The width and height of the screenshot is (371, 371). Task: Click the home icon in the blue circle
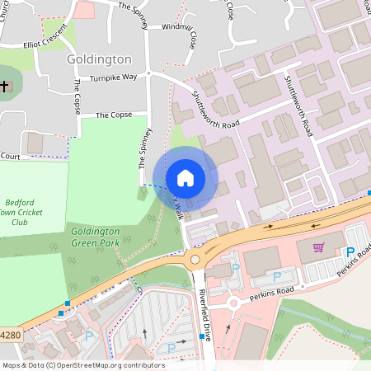(185, 178)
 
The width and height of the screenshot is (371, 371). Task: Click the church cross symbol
(5, 86)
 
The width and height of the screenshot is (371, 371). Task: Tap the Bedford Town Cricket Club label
(29, 212)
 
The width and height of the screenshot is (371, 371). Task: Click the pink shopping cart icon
(318, 247)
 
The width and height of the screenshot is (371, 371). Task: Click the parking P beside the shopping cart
(350, 252)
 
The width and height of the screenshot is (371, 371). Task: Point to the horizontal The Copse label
(114, 115)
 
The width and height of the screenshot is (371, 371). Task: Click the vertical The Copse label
(76, 97)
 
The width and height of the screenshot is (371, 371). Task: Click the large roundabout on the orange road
(195, 261)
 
